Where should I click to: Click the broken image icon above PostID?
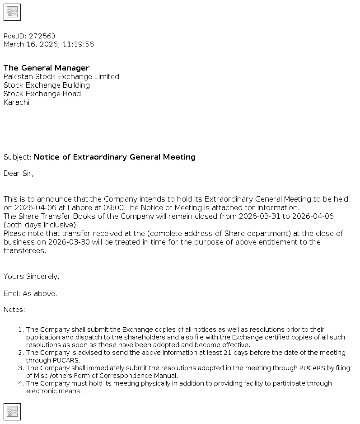pyautogui.click(x=12, y=12)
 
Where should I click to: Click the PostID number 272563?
pyautogui.click(x=42, y=36)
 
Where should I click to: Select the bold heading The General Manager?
pyautogui.click(x=47, y=68)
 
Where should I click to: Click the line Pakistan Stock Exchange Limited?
pyautogui.click(x=61, y=77)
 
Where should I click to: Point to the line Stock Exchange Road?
pyautogui.click(x=42, y=94)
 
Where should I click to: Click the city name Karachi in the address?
pyautogui.click(x=17, y=103)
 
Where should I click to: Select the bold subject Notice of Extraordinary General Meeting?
pyautogui.click(x=115, y=157)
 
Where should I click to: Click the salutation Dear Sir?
pyautogui.click(x=19, y=174)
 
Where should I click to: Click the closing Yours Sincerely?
pyautogui.click(x=32, y=277)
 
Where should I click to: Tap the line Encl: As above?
pyautogui.click(x=30, y=294)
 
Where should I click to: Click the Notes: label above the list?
pyautogui.click(x=14, y=310)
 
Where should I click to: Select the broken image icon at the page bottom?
pyautogui.click(x=12, y=412)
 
